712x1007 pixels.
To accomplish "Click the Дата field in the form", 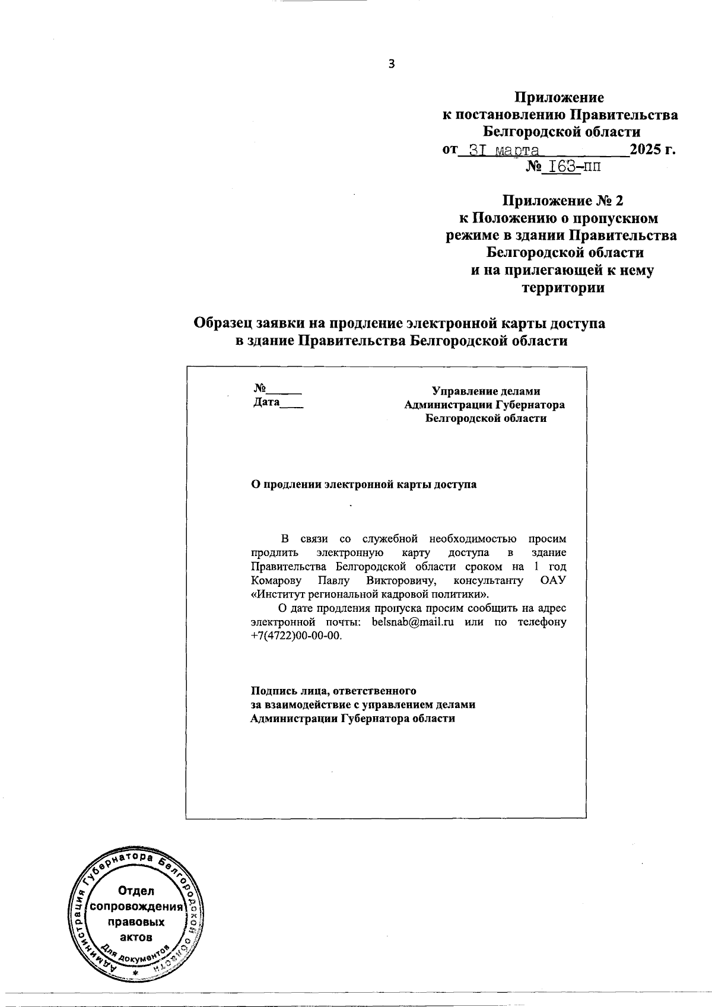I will coord(266,404).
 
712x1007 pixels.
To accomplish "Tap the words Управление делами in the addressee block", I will coord(486,391).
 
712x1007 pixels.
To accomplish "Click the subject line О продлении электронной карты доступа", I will coord(364,484).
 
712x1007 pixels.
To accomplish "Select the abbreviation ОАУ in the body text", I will coord(553,580).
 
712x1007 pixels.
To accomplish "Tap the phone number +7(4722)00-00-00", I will coord(297,636).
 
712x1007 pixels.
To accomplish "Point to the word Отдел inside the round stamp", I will coord(136,891).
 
